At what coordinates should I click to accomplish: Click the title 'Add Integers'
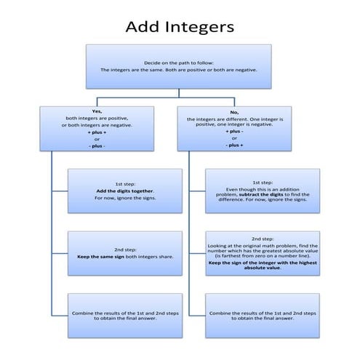point(180,27)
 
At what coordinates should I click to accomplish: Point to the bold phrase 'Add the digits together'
point(124,191)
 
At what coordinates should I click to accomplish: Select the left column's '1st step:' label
point(124,183)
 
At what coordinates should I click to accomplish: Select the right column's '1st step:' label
point(262,182)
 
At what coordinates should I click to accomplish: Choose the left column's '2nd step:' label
point(124,249)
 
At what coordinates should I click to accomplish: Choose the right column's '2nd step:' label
point(262,239)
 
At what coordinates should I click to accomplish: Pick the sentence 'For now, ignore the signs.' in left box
point(124,198)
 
